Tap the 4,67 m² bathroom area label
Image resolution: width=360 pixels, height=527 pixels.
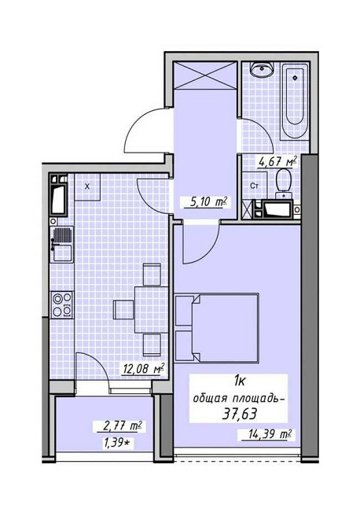(x=277, y=162)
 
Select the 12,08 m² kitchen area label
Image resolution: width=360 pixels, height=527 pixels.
(x=144, y=369)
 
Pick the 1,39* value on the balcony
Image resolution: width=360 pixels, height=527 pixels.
(x=117, y=444)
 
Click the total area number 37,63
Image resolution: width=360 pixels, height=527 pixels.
(x=240, y=414)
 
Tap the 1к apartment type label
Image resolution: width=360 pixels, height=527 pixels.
(x=239, y=381)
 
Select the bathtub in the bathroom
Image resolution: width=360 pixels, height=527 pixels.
(x=293, y=101)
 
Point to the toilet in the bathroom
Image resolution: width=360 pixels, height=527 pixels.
(x=284, y=184)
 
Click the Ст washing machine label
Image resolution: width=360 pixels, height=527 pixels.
(x=255, y=186)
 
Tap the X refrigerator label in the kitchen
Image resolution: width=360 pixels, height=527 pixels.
(x=87, y=186)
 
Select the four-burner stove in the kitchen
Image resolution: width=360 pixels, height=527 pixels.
(x=62, y=304)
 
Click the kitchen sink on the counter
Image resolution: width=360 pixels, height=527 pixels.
(x=61, y=245)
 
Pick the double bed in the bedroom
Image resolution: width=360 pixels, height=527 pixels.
(x=217, y=328)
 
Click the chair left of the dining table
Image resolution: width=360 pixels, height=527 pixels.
(x=123, y=310)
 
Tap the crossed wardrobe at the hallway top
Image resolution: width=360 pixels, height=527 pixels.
(x=205, y=76)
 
